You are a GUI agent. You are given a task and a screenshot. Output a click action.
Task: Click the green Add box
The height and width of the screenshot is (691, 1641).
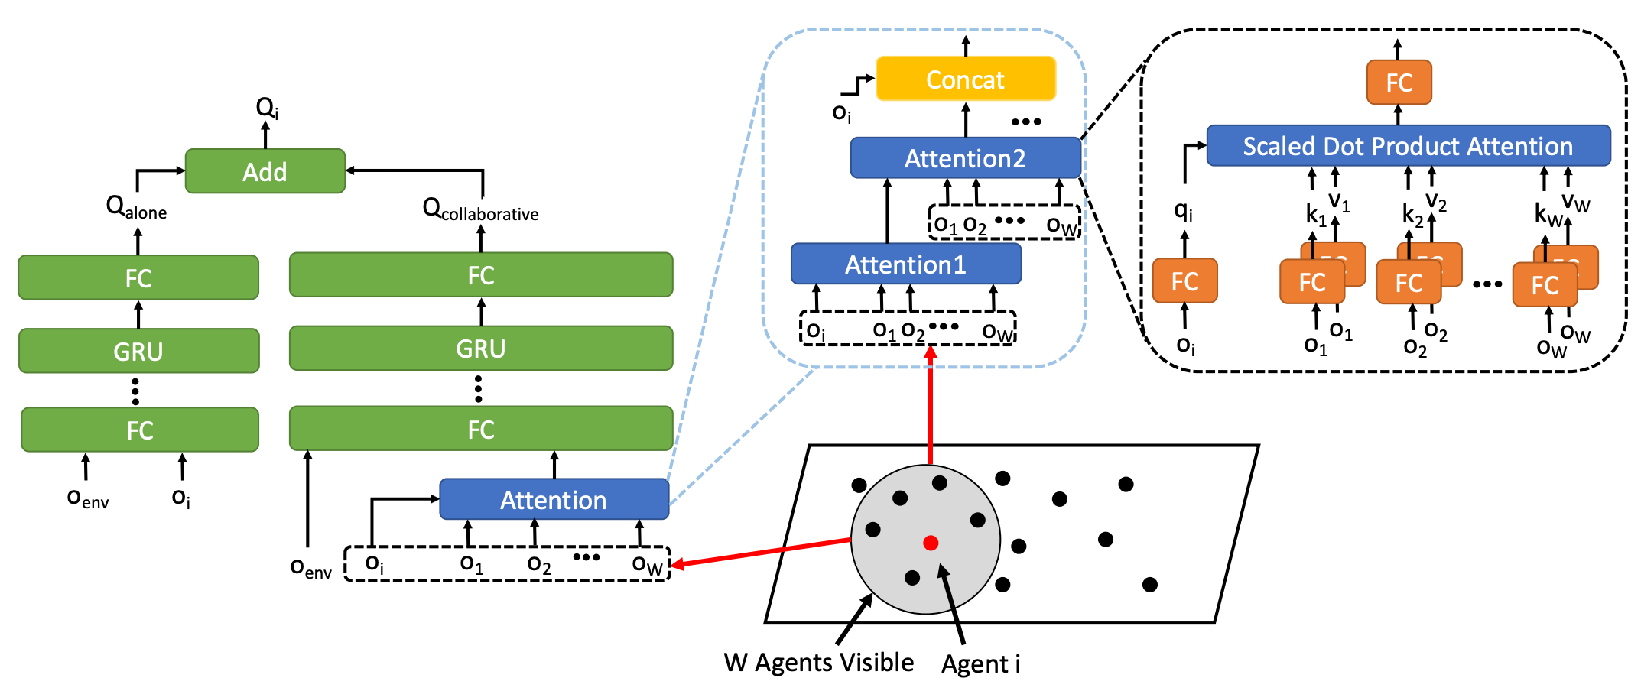pos(265,171)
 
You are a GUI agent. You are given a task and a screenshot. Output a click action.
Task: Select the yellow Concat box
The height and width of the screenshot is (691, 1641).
pos(965,79)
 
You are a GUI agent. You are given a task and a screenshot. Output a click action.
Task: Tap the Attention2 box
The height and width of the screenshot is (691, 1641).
pos(965,158)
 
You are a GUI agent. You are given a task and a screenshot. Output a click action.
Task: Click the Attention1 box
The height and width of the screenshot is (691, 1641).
pos(905,264)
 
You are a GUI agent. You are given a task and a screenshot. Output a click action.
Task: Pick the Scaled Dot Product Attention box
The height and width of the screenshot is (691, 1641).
pos(1408,146)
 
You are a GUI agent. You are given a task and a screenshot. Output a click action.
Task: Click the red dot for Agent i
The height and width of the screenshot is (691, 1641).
pos(931,543)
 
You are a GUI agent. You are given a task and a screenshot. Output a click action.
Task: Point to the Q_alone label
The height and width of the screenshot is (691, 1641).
pos(136,207)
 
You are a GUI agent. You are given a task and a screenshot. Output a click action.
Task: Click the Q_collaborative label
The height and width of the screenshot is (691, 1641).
pos(480,209)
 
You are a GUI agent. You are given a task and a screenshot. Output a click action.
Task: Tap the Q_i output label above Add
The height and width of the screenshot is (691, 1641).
pos(267,108)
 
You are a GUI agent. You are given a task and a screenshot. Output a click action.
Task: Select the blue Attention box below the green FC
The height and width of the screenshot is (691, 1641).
pos(554,500)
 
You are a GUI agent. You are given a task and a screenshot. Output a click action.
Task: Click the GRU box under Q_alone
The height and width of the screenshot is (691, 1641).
pos(138,351)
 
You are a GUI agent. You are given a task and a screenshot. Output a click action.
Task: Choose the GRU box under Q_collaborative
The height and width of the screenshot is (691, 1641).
pos(481,349)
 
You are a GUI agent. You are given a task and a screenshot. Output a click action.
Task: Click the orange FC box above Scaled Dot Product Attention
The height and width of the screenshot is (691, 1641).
pos(1399,83)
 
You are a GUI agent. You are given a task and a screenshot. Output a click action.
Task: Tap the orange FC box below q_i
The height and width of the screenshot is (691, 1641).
pos(1184,281)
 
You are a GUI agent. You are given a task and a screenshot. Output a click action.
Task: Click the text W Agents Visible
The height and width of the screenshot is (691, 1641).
pos(818,662)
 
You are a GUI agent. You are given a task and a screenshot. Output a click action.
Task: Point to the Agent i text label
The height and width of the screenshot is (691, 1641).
pos(980,663)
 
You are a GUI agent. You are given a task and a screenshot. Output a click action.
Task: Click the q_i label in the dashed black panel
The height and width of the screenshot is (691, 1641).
pos(1183,210)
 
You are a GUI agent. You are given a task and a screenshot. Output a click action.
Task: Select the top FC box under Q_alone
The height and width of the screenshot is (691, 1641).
pos(138,277)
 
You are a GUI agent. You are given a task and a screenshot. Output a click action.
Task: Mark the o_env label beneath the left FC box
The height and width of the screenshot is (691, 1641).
pos(88,498)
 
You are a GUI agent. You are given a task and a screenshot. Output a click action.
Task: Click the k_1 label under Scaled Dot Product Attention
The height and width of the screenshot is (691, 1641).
pos(1315,215)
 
